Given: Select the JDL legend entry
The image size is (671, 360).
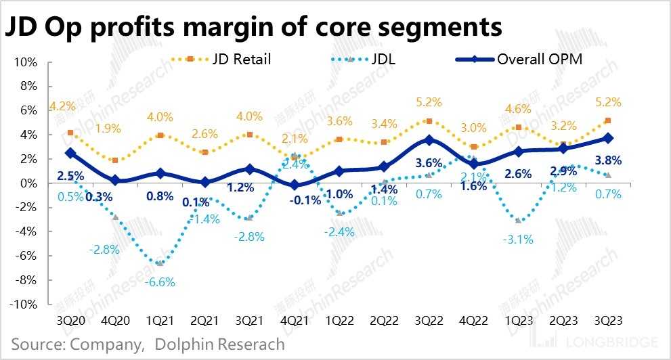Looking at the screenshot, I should coord(383,59).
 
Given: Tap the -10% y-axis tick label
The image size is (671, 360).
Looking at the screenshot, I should coord(24,304).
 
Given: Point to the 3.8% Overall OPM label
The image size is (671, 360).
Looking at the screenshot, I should coord(607,161).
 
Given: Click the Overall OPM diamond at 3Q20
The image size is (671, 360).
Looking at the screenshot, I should coord(70,153).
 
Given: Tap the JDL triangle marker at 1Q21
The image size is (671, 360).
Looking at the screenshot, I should coord(160,263).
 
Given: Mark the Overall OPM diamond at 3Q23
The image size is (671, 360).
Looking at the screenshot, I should coord(609,137).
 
